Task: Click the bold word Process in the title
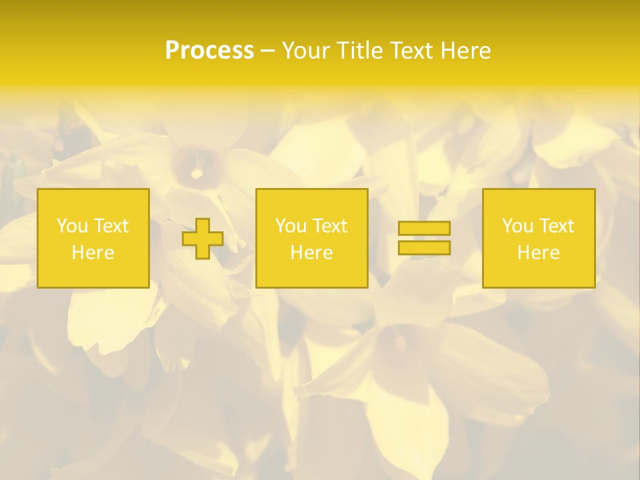pyautogui.click(x=209, y=51)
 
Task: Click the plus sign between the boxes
pyautogui.click(x=203, y=239)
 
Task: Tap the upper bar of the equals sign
pyautogui.click(x=424, y=228)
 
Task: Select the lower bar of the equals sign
pyautogui.click(x=424, y=247)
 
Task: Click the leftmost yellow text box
pyautogui.click(x=93, y=200)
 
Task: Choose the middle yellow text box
pyautogui.click(x=311, y=200)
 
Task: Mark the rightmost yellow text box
pyautogui.click(x=539, y=200)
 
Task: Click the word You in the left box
pyautogui.click(x=71, y=226)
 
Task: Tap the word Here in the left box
pyautogui.click(x=93, y=253)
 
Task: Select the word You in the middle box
pyautogui.click(x=290, y=226)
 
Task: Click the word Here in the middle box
pyautogui.click(x=311, y=253)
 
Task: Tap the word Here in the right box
pyautogui.click(x=538, y=253)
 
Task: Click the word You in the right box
pyautogui.click(x=517, y=226)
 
